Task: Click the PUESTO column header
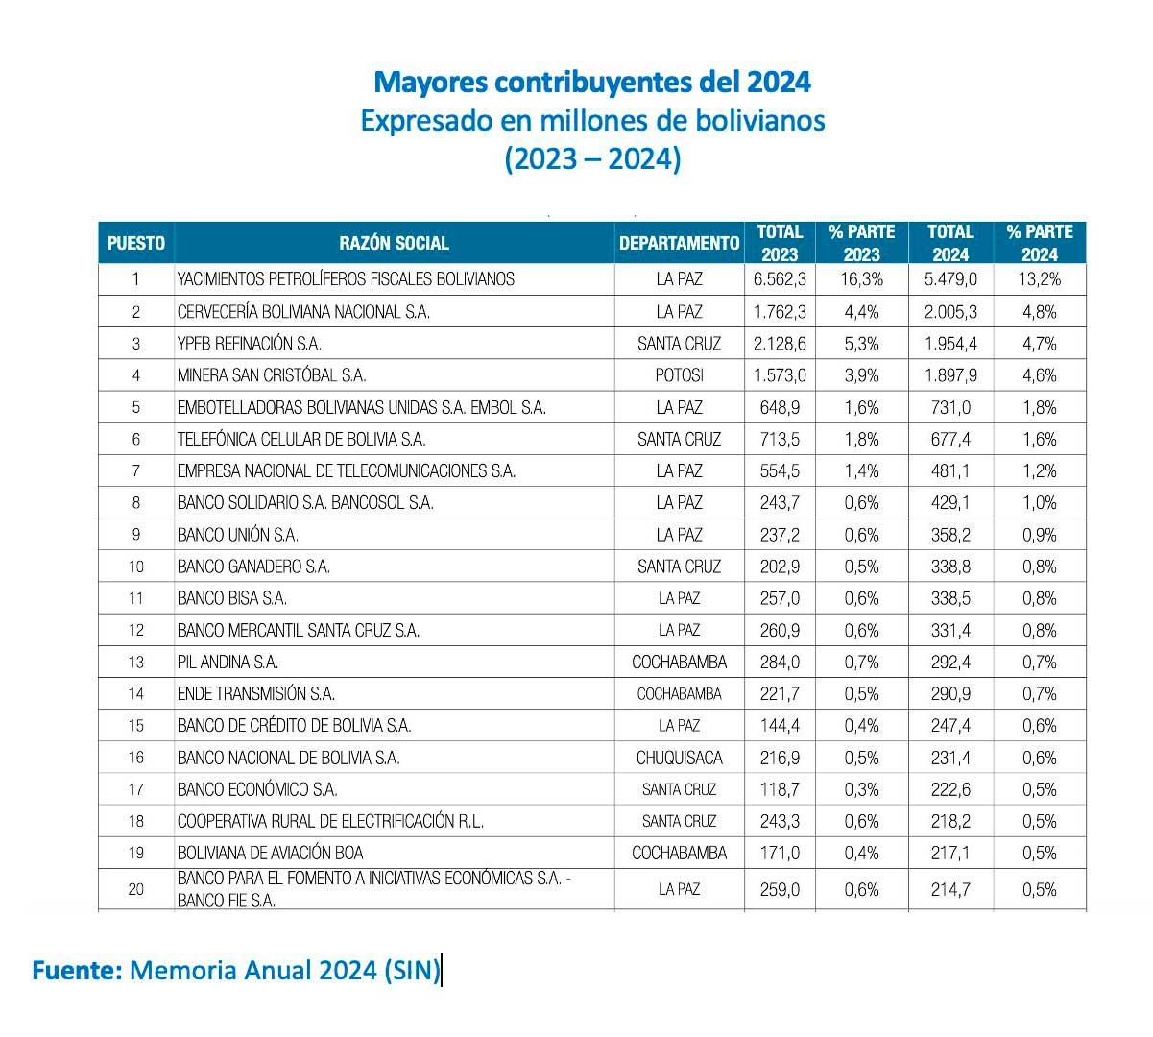135,243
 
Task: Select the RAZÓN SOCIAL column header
394,243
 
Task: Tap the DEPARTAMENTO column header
679,243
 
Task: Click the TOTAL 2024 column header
950,243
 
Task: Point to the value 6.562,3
780,279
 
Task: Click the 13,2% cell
1039,279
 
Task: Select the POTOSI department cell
679,375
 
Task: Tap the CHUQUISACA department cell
679,757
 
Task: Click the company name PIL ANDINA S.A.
228,662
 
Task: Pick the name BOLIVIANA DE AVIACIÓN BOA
270,853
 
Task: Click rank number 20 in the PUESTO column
135,889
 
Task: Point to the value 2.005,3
950,312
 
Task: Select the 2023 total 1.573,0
780,375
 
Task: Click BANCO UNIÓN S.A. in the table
237,534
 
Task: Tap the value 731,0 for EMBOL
950,407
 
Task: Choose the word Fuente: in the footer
77,970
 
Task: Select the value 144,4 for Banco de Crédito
780,725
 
